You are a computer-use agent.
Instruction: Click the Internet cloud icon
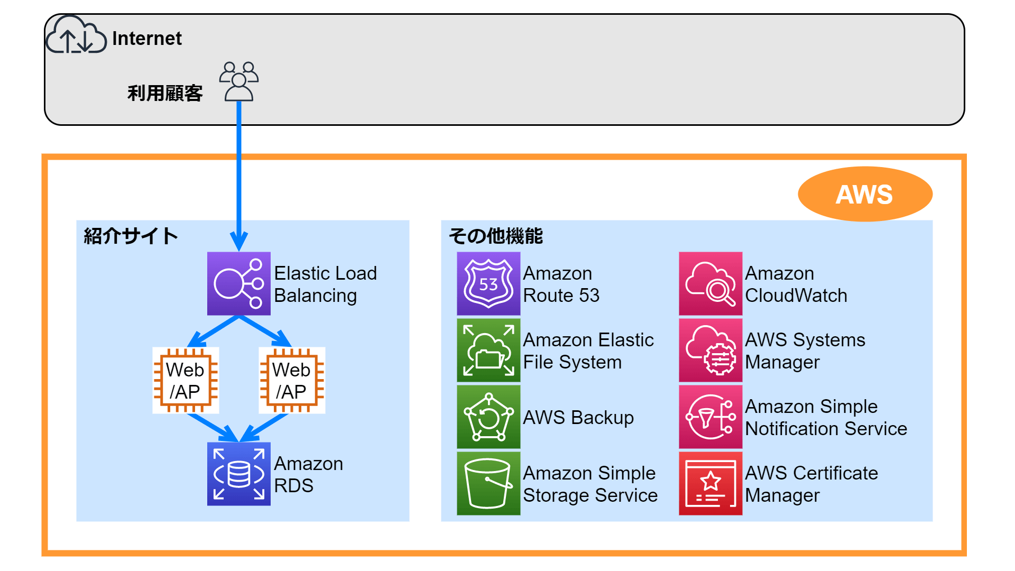click(76, 35)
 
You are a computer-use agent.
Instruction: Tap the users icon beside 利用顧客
click(239, 81)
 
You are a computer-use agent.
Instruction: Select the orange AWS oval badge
click(865, 194)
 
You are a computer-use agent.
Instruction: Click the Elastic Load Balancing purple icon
click(239, 284)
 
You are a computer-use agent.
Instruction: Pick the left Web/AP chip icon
click(186, 380)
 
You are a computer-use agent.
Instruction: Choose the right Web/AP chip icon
click(292, 380)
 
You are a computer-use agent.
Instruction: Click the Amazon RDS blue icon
click(239, 474)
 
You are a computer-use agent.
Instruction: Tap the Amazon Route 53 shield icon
click(488, 284)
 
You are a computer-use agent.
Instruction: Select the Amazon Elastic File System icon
click(488, 350)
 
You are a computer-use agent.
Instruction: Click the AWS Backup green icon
click(488, 417)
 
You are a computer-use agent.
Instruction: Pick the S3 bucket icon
click(488, 483)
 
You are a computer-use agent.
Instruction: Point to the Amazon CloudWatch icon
click(710, 284)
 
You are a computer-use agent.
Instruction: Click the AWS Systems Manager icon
click(710, 350)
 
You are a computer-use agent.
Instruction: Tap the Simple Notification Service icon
click(710, 417)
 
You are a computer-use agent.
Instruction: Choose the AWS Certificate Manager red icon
click(710, 483)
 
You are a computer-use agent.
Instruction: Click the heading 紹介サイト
click(131, 236)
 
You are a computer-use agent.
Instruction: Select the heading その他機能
click(496, 236)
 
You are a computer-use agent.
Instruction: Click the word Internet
click(146, 39)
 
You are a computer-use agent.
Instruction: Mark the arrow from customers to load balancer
click(239, 174)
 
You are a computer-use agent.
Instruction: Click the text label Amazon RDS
click(308, 474)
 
